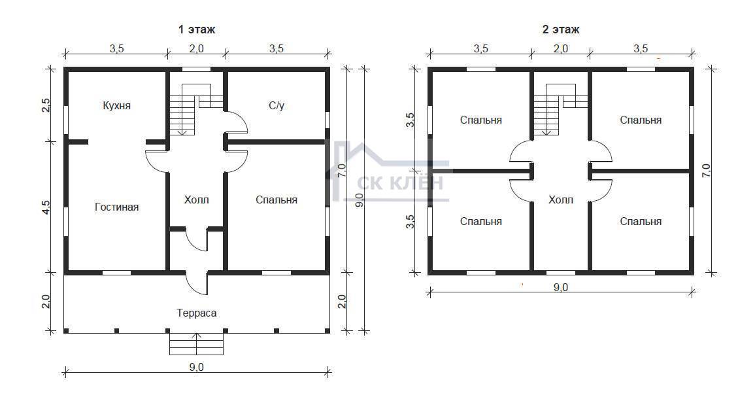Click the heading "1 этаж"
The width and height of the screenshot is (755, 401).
[197, 29]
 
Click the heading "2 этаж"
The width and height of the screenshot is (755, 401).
[561, 29]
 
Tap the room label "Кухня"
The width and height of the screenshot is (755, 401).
[116, 105]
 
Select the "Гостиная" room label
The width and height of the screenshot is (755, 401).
[116, 207]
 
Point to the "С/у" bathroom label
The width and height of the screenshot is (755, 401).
[277, 105]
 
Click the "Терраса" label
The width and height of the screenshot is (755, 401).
[197, 313]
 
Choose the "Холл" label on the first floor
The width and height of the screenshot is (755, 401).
[197, 200]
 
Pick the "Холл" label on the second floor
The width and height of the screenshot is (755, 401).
[561, 200]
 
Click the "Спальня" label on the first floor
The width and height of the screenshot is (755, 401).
[277, 200]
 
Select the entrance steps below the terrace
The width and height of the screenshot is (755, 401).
[197, 344]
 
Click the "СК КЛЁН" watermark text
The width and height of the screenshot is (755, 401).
[399, 183]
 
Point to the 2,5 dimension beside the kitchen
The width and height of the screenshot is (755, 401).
[46, 105]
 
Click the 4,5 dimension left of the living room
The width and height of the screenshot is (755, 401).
[46, 207]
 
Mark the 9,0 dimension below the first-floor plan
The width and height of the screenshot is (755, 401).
[197, 367]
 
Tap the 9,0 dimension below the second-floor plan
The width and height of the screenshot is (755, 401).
[561, 287]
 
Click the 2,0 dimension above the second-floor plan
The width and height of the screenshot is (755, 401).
[561, 48]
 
